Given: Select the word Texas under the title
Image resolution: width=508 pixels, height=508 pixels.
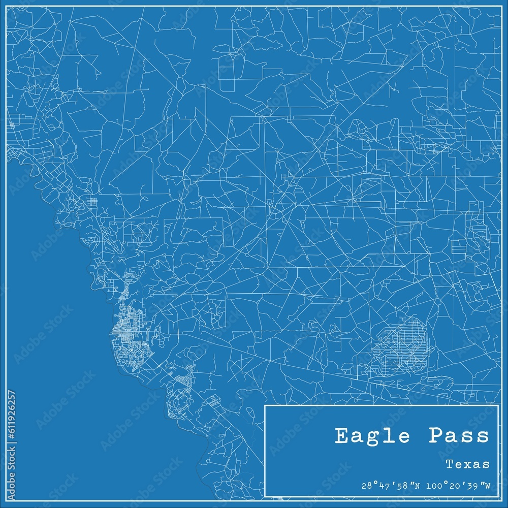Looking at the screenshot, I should pos(468,464).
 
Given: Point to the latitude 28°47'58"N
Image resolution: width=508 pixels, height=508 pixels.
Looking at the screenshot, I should pos(389,486).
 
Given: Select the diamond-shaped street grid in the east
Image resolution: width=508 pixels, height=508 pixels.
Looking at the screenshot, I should pos(401,345).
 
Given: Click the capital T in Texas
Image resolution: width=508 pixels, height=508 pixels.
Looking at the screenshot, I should pos(450,464).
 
